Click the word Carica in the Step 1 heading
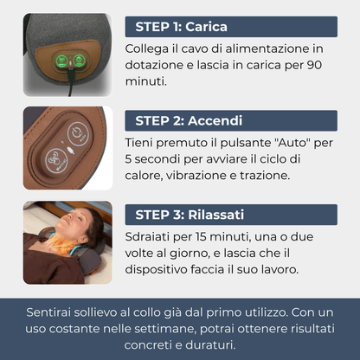point(206,27)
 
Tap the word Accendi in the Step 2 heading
point(215,120)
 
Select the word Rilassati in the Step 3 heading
point(216,215)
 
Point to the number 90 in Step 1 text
point(314,65)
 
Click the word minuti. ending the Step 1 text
point(146,81)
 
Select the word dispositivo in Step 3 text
point(156,270)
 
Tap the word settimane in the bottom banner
point(165,329)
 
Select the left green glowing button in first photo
point(62,61)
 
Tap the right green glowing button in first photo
point(78,61)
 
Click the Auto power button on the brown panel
point(78,133)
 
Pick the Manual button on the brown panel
point(56,160)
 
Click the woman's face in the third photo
point(74,223)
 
